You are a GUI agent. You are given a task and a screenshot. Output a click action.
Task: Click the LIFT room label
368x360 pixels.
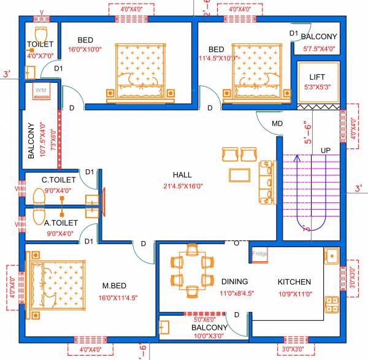(317, 76)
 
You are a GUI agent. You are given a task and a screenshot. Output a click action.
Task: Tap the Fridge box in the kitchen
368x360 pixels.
(259, 253)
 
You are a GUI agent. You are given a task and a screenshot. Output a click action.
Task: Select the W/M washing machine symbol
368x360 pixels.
(42, 91)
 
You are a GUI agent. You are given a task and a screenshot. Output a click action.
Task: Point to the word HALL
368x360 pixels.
(183, 175)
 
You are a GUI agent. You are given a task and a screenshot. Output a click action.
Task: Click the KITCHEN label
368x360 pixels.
(294, 282)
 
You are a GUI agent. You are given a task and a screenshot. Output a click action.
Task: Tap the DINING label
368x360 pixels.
(235, 281)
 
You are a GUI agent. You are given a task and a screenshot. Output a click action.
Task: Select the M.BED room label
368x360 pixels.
(114, 286)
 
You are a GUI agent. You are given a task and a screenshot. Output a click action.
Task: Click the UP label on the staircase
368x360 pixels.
(326, 150)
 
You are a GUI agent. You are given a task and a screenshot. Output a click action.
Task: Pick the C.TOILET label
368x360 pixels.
(59, 180)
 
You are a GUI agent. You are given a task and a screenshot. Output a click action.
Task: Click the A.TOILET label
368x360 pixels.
(61, 223)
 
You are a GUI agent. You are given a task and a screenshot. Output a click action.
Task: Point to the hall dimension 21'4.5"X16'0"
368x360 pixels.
(183, 186)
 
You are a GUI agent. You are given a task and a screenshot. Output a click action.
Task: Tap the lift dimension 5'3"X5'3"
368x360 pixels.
(317, 87)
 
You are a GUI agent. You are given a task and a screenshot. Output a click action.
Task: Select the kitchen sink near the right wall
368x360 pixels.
(331, 255)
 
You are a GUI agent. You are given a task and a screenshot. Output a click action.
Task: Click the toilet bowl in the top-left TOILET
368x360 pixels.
(41, 33)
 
